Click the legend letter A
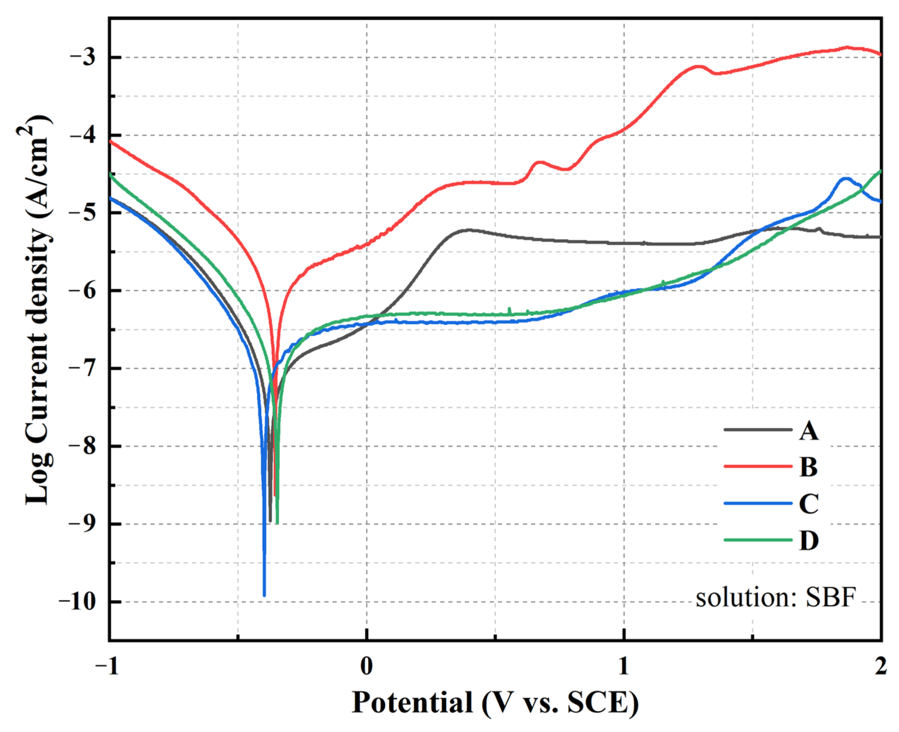coord(808,431)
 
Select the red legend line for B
coord(758,466)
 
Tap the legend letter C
coord(808,503)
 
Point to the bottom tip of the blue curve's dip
coord(264,595)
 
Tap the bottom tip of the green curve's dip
coord(277,523)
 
